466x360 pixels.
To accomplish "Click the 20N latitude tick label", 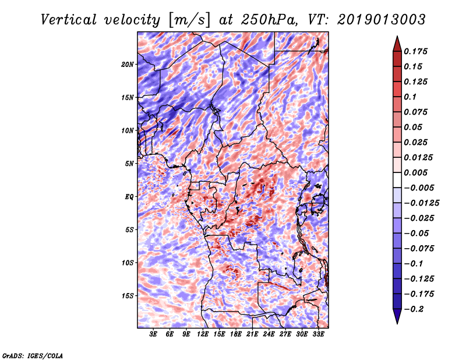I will click(128, 64).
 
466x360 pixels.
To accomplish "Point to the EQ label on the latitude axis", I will click(129, 196).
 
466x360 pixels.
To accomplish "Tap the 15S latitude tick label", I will click(128, 295).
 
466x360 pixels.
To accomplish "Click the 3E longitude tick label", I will click(154, 334).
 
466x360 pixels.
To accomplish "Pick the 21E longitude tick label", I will click(252, 334).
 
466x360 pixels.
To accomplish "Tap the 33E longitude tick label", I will click(318, 334).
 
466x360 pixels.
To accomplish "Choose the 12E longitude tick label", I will click(203, 334).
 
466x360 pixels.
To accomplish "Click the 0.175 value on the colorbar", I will click(418, 51).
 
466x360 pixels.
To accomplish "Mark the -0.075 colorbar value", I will click(422, 248).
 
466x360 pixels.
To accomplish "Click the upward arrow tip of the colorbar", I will click(397, 38).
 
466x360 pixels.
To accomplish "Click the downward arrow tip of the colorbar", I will click(397, 322).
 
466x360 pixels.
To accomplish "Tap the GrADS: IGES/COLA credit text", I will click(33, 355).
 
